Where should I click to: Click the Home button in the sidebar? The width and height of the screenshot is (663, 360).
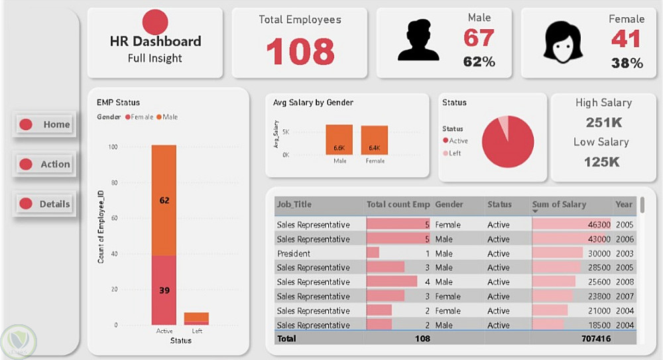pos(45,125)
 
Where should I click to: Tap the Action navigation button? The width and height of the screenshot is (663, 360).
pos(45,164)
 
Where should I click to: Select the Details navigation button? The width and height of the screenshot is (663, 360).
pos(45,204)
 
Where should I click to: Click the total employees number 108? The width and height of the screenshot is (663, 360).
pos(300,51)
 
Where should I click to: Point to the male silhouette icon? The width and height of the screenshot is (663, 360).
pos(418,41)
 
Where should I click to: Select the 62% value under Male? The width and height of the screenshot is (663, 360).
pos(479,62)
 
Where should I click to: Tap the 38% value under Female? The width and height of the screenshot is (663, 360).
pos(627,64)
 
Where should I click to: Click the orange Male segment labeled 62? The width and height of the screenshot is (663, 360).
pos(164,200)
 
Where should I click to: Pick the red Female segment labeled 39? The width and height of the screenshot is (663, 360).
pos(164,290)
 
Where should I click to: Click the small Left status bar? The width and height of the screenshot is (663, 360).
pos(196,318)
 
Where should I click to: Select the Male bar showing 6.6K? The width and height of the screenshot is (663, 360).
pos(339,140)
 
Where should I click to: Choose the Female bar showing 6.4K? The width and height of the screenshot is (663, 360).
pos(375,141)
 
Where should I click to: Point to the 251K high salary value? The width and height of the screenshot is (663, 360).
pos(603,123)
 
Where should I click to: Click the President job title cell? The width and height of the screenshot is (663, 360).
pos(294,253)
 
